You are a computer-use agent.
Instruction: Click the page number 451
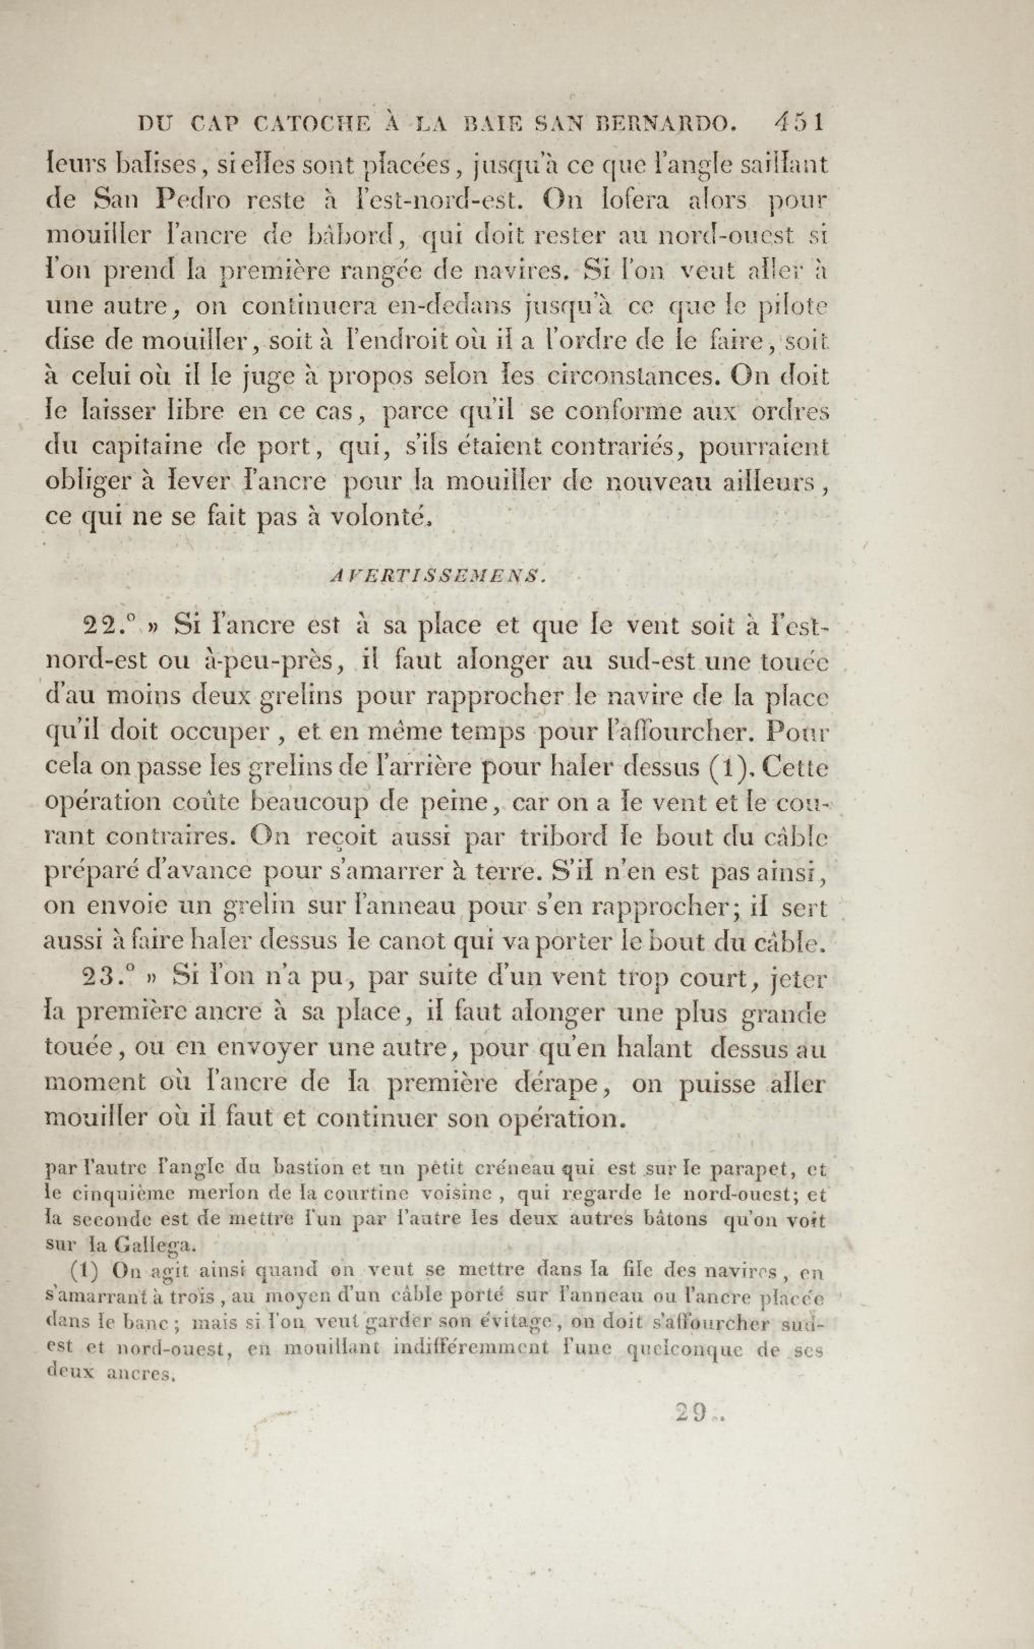(798, 124)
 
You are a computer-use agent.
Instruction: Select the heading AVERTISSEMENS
(438, 576)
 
